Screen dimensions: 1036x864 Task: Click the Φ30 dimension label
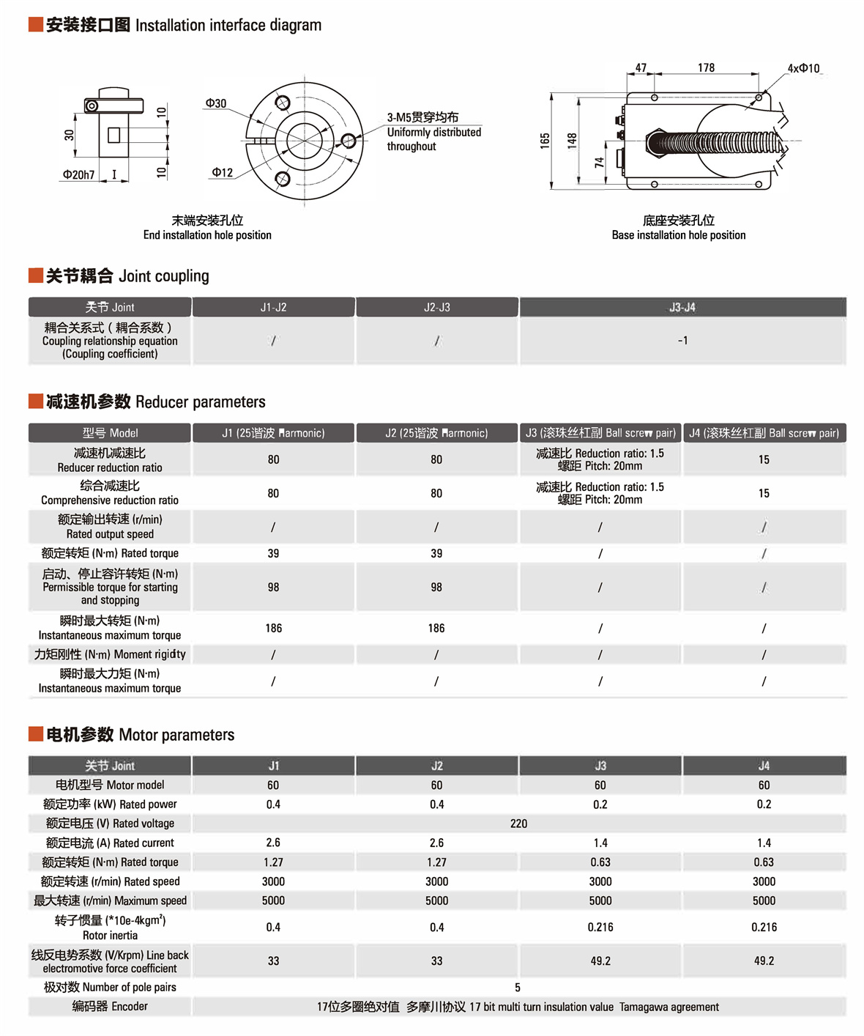(x=216, y=103)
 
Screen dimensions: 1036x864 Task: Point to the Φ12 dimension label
(x=223, y=173)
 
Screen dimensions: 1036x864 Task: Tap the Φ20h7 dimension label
(x=79, y=175)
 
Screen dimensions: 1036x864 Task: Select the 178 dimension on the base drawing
(x=706, y=67)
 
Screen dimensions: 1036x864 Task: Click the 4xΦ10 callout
(x=803, y=68)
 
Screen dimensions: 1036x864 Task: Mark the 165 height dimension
(x=545, y=141)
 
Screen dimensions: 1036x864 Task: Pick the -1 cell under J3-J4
(x=682, y=341)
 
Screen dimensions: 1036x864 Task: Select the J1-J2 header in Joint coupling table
(x=273, y=307)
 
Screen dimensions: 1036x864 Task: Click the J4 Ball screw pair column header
(x=764, y=433)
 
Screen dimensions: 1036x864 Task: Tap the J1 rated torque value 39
(x=273, y=553)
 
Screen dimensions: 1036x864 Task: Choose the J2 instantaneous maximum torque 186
(x=436, y=628)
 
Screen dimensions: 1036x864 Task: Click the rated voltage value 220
(x=518, y=824)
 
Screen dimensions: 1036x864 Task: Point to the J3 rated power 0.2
(x=600, y=804)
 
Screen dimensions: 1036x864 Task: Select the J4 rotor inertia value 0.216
(x=764, y=927)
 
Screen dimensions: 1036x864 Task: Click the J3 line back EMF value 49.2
(x=600, y=961)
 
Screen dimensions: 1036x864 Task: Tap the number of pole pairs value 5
(x=518, y=987)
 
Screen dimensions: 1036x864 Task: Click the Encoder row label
(x=110, y=1007)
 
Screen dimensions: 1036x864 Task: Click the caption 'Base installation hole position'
(x=679, y=235)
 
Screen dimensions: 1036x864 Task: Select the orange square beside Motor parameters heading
(x=35, y=734)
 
